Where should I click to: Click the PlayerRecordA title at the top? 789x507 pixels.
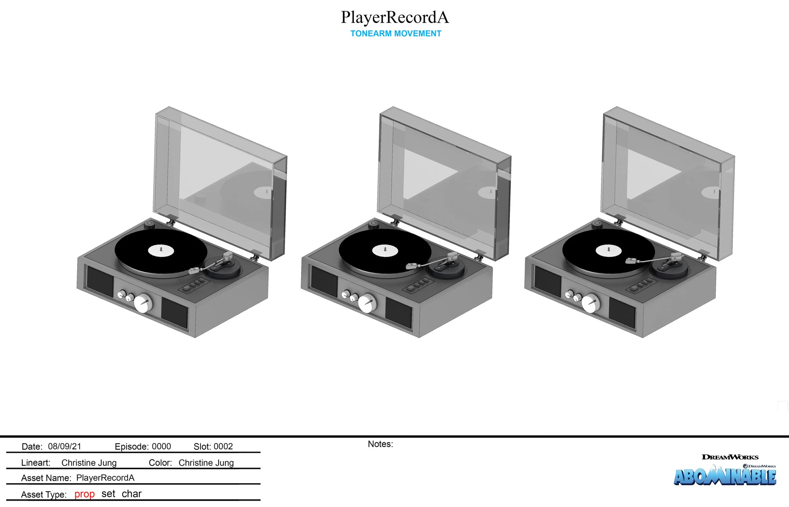tap(394, 18)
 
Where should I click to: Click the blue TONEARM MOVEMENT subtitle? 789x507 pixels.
tap(395, 33)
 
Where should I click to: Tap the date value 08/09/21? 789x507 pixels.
tap(65, 446)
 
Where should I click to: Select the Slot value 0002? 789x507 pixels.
tap(223, 446)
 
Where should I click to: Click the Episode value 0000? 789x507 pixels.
tap(161, 446)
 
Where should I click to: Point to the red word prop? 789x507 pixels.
tap(84, 494)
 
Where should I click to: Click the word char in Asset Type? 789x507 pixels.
tap(131, 494)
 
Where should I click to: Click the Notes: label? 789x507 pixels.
tap(380, 444)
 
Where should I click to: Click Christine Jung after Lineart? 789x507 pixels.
tap(89, 463)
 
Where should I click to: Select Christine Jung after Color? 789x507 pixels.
tap(206, 463)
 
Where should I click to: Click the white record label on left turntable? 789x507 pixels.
tap(161, 251)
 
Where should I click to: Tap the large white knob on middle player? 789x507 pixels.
tap(367, 303)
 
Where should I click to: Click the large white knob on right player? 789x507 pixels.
tap(590, 303)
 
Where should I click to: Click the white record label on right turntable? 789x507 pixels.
tap(608, 251)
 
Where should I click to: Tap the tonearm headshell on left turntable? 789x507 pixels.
tap(194, 271)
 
